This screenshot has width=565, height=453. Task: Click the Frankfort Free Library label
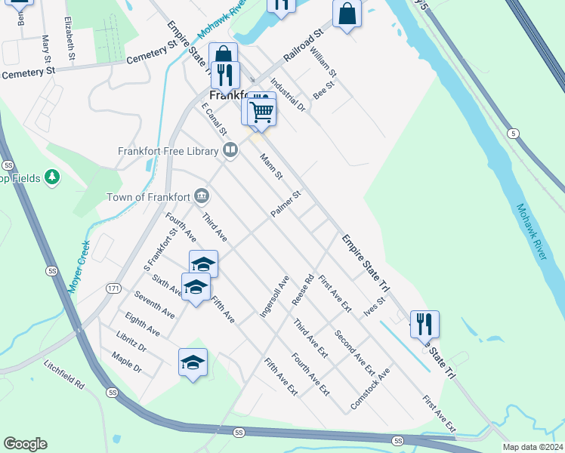(168, 150)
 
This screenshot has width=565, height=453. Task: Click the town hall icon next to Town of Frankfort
(202, 196)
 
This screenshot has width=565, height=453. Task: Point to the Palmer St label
(286, 205)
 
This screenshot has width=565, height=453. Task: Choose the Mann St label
(270, 167)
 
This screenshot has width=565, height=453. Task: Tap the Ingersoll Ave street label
(274, 296)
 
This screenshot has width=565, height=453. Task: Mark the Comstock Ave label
(370, 390)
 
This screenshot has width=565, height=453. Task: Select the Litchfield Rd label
(63, 374)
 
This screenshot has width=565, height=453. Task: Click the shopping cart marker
(261, 112)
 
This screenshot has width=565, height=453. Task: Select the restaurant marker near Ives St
(425, 324)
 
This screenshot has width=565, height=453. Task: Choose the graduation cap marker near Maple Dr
(193, 362)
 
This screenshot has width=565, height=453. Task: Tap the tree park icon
(52, 177)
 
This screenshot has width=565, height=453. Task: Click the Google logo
(25, 444)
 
